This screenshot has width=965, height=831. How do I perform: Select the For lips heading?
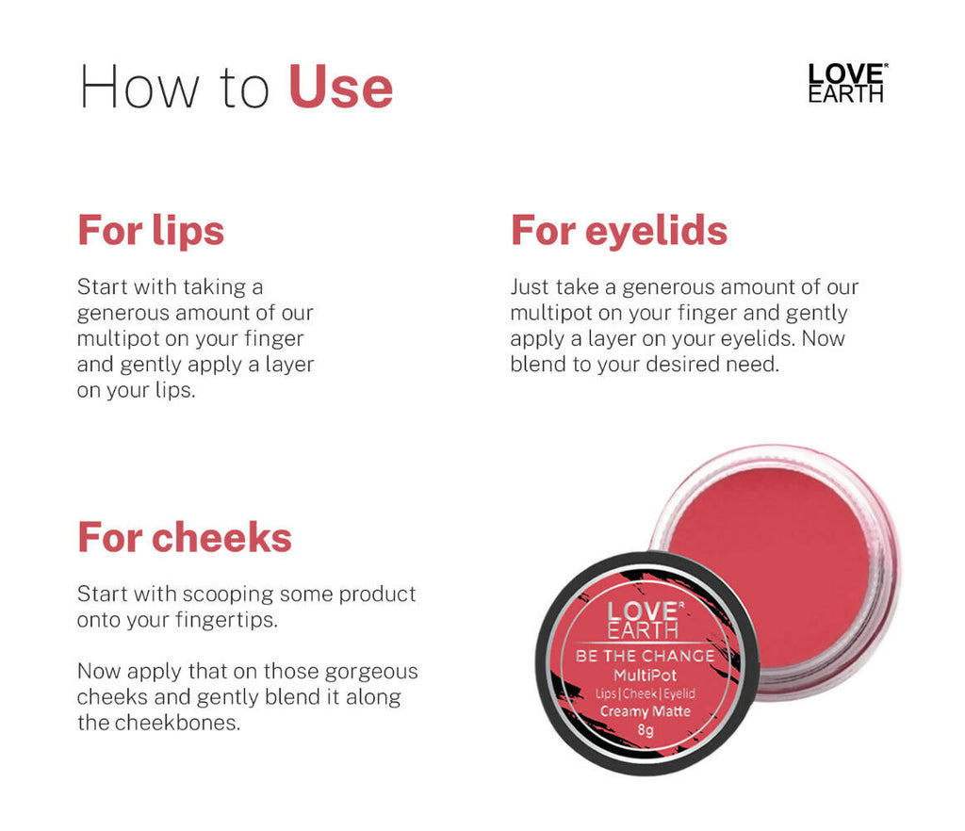pos(151,230)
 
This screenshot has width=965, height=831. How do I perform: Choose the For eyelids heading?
pos(619,230)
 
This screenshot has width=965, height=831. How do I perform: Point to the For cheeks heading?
pos(185,537)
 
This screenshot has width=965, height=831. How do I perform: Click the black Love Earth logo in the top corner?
pos(847,83)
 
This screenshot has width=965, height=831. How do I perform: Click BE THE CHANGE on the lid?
pos(645,655)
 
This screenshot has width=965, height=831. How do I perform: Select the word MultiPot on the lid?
pos(645,675)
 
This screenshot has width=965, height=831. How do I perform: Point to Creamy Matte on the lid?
pos(645,711)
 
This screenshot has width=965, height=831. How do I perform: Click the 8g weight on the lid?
pos(645,729)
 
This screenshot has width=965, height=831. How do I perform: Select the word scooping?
pos(223,595)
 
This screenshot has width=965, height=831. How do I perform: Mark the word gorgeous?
pos(371,672)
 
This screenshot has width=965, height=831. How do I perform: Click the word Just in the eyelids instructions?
pos(529,286)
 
